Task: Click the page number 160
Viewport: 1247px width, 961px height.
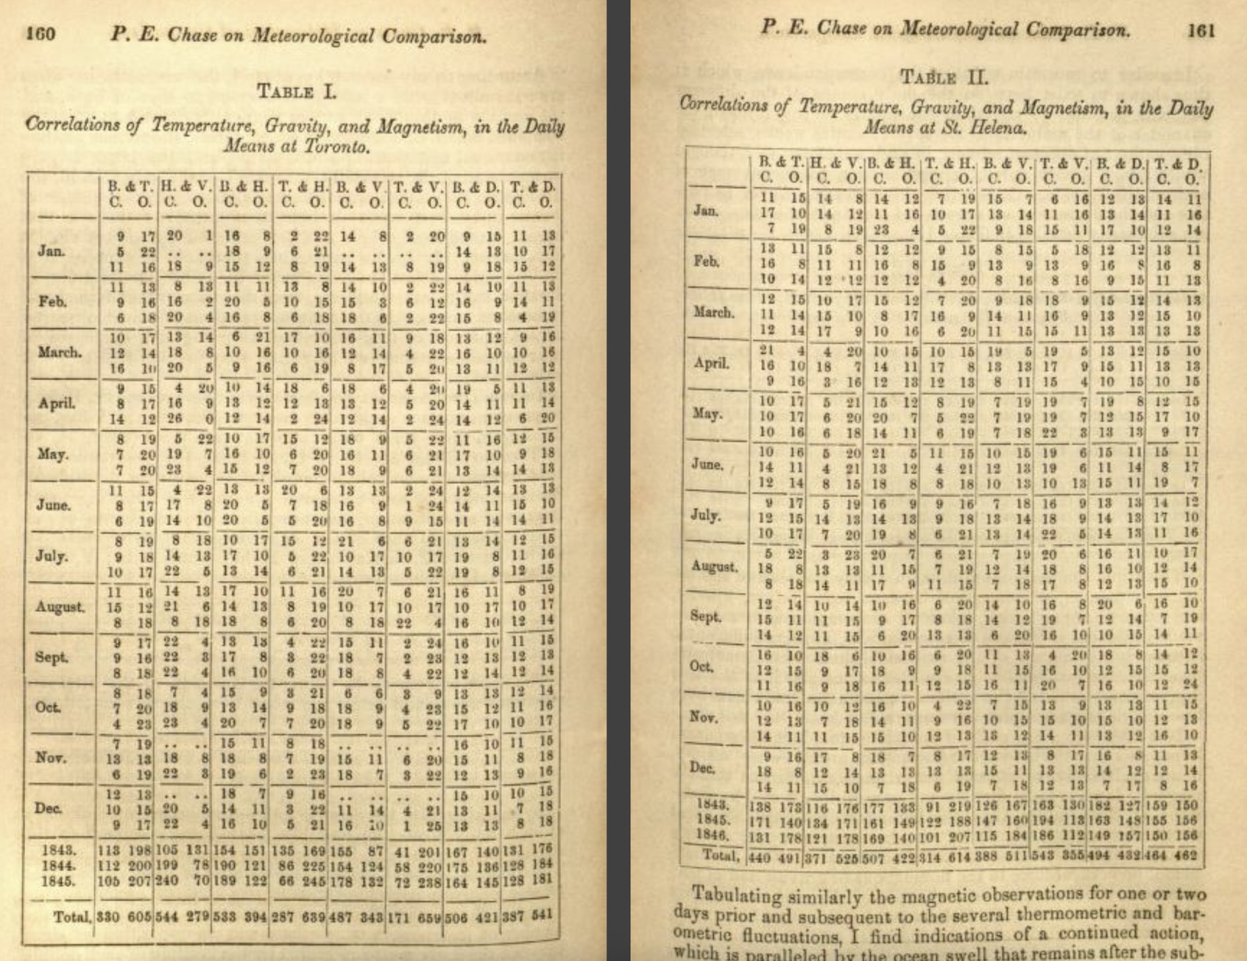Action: click(x=41, y=34)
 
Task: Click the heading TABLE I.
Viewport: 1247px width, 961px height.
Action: click(x=296, y=91)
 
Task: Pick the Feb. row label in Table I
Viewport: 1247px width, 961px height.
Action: click(x=52, y=302)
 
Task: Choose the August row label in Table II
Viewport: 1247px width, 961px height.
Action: click(x=714, y=567)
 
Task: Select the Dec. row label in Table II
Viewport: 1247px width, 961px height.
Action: click(x=704, y=767)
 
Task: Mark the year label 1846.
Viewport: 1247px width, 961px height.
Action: click(x=713, y=836)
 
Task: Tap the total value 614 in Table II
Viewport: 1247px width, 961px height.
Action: click(x=963, y=856)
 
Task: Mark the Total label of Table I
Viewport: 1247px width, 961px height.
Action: click(x=72, y=917)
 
